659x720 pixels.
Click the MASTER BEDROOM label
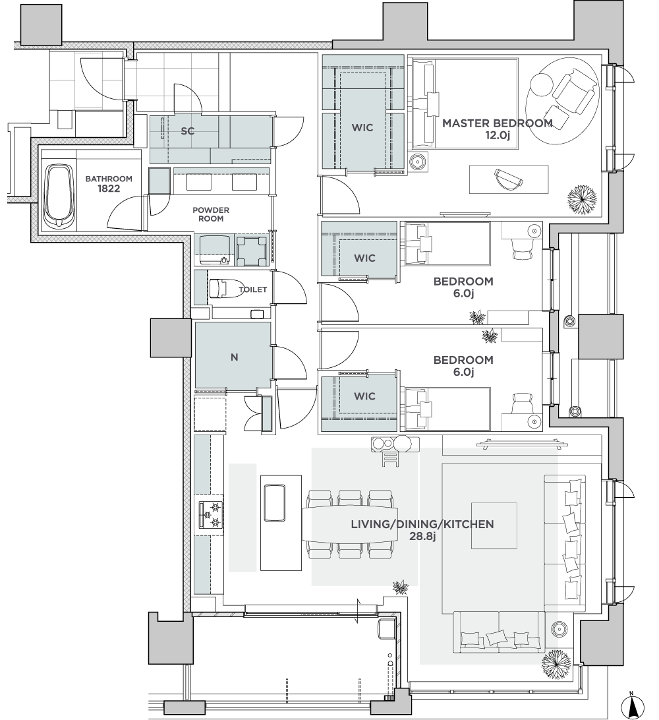[x=497, y=123]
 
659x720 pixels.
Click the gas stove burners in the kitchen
[x=211, y=515]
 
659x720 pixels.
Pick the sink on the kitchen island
[x=274, y=502]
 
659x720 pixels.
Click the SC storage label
[x=187, y=131]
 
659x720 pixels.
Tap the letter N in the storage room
[x=234, y=357]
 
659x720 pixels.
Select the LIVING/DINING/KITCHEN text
[x=422, y=524]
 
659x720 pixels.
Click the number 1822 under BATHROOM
[x=109, y=189]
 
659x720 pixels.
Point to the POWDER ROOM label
[x=211, y=214]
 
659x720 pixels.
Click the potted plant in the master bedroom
[x=583, y=200]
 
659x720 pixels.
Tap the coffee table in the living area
[x=494, y=525]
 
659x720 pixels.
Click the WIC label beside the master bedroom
[x=362, y=127]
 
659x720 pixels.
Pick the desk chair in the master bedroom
[x=509, y=179]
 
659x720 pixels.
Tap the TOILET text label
[x=253, y=289]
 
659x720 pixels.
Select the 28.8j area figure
[x=422, y=536]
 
